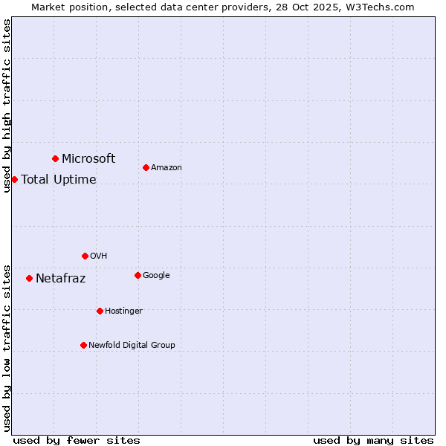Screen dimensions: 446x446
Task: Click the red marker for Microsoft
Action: (55, 158)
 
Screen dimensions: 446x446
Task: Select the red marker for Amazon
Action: (146, 167)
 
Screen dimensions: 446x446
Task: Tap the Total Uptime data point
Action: (14, 179)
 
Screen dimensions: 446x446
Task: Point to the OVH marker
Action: (85, 256)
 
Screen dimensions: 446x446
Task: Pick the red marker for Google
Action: (138, 275)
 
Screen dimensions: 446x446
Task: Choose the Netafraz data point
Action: (29, 278)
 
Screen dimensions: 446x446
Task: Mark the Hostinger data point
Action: (100, 311)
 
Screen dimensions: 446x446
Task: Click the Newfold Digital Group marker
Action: (83, 345)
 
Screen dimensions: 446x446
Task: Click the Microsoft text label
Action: (88, 158)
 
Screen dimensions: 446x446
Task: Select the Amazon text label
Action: (167, 168)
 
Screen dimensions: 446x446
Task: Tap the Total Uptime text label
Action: (59, 179)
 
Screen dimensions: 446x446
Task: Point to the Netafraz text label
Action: (61, 279)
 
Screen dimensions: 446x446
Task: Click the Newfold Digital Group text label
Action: (132, 345)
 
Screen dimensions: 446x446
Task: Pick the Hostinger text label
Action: (123, 311)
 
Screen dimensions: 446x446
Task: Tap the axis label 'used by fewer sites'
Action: (77, 440)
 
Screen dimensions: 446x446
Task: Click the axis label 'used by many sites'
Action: (373, 440)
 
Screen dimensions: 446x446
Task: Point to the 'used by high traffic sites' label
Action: (7, 106)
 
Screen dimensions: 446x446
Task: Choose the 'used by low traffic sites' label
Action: (7, 348)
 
